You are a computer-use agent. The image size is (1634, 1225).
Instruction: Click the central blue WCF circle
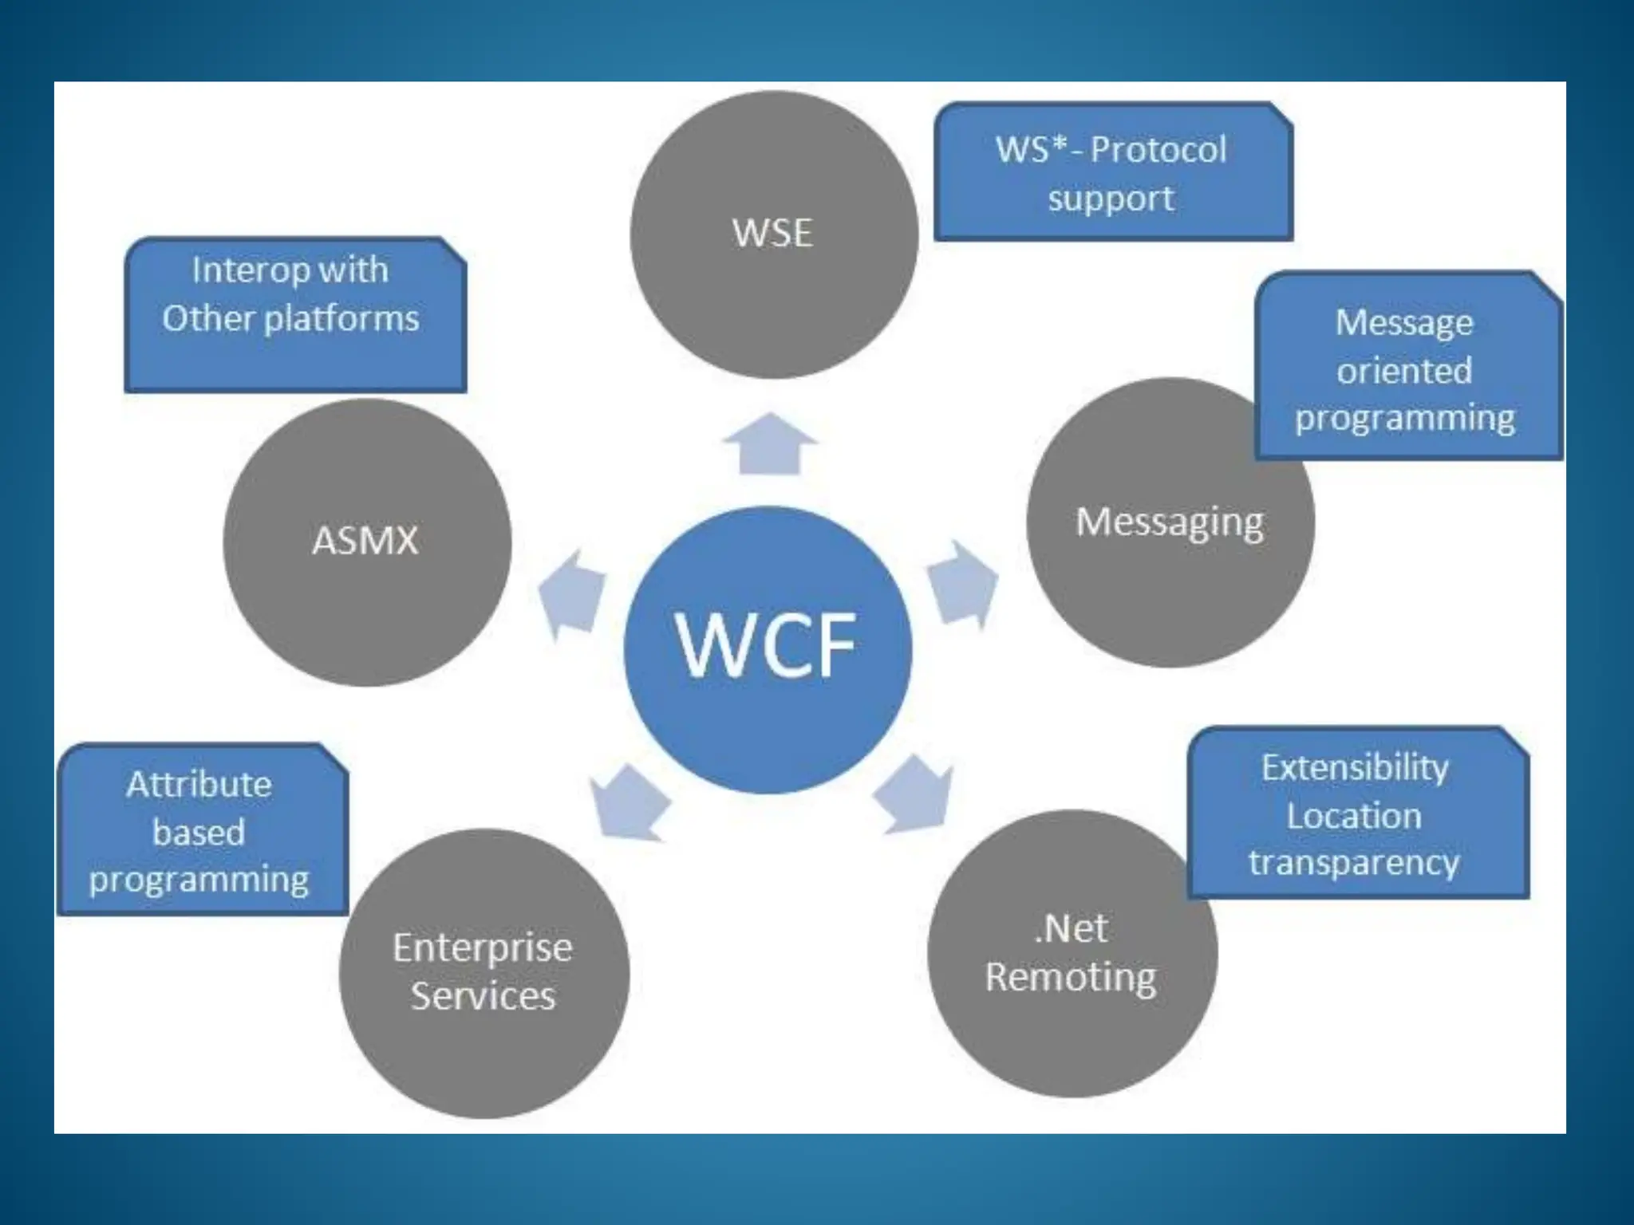coord(768,649)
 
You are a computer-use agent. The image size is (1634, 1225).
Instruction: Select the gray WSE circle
coord(773,234)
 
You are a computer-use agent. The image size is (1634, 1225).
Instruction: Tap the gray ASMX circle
coord(366,542)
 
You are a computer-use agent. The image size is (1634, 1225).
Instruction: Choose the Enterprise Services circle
coord(483,973)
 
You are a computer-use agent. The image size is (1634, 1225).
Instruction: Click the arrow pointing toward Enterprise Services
coord(629,802)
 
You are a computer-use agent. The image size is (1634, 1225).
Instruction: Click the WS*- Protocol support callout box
coord(1112,172)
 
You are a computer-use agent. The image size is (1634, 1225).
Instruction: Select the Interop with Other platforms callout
coord(294,315)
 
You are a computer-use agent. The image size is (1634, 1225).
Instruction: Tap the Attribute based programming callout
coord(201,830)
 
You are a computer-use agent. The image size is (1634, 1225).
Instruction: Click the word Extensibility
coord(1355,767)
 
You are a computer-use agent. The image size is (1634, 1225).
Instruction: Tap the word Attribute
coord(199,785)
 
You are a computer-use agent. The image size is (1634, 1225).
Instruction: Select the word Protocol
coord(1158,150)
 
